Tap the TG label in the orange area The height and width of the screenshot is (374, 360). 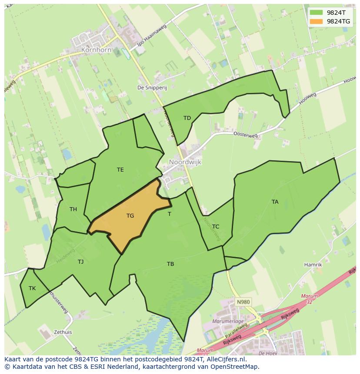click(130, 215)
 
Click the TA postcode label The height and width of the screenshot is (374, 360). click(275, 202)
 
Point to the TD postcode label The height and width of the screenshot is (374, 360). click(187, 118)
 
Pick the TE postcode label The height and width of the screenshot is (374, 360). click(120, 170)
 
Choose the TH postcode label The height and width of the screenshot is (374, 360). click(73, 209)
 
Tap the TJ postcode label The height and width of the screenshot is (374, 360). click(80, 261)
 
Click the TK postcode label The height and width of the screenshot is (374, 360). click(32, 288)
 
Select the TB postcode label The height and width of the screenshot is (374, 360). click(170, 264)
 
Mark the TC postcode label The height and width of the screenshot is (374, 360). click(216, 226)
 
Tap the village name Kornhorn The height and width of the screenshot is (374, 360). click(96, 50)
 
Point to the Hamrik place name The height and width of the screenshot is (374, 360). click(313, 265)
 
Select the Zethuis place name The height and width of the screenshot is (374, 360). click(63, 332)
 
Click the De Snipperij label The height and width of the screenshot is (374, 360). click(152, 87)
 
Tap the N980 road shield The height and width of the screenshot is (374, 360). click(243, 301)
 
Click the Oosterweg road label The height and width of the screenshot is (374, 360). click(246, 135)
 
